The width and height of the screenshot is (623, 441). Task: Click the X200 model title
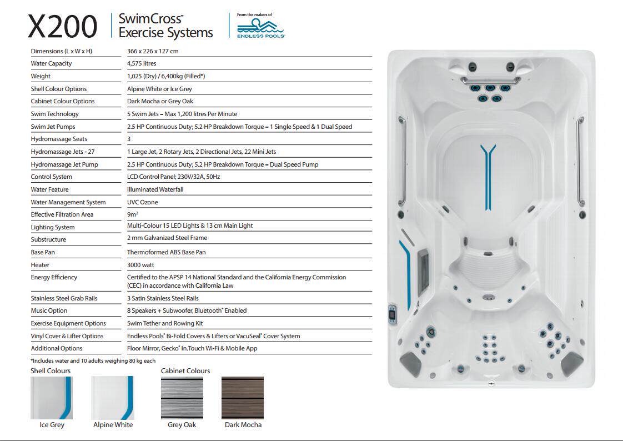coord(62,27)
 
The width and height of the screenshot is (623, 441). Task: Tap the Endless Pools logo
coord(260,26)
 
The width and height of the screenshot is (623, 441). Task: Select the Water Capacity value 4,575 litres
coord(142,63)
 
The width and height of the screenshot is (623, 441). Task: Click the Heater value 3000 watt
coord(142,265)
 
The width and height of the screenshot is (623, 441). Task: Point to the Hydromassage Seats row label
coord(59,139)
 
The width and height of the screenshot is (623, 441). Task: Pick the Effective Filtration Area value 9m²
coord(133,214)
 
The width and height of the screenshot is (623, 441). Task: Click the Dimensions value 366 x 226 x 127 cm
coord(153,51)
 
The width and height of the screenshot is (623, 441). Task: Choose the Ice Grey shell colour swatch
coord(52,398)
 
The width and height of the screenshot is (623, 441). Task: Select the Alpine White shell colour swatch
coord(113,398)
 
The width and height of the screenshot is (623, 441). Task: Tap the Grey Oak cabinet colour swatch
coord(182,398)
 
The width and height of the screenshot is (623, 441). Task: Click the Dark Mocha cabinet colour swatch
coord(243,398)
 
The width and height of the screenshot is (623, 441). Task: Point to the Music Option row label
coord(49,310)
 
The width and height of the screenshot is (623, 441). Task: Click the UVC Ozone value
coord(142,202)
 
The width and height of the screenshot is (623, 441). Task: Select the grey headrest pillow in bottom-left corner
coord(411,362)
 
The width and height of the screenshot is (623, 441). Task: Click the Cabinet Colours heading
coord(185,370)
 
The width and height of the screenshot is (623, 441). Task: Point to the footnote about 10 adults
coord(93,360)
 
